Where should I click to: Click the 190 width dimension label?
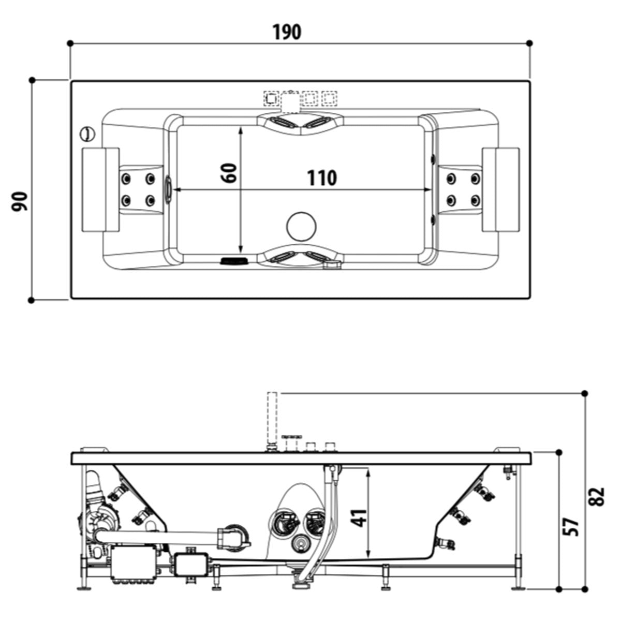coord(287,32)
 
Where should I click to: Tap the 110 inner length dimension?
coord(322,178)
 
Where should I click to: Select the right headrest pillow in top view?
coord(500,189)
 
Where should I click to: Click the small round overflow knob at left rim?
coord(87,134)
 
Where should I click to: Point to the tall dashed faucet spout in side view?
coord(272,417)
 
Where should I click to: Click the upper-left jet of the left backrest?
coord(126,179)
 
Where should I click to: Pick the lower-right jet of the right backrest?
coord(475,200)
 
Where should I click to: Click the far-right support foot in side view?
coord(518,588)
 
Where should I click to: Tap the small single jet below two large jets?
coord(300,543)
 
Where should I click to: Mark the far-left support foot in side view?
coord(83,588)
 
